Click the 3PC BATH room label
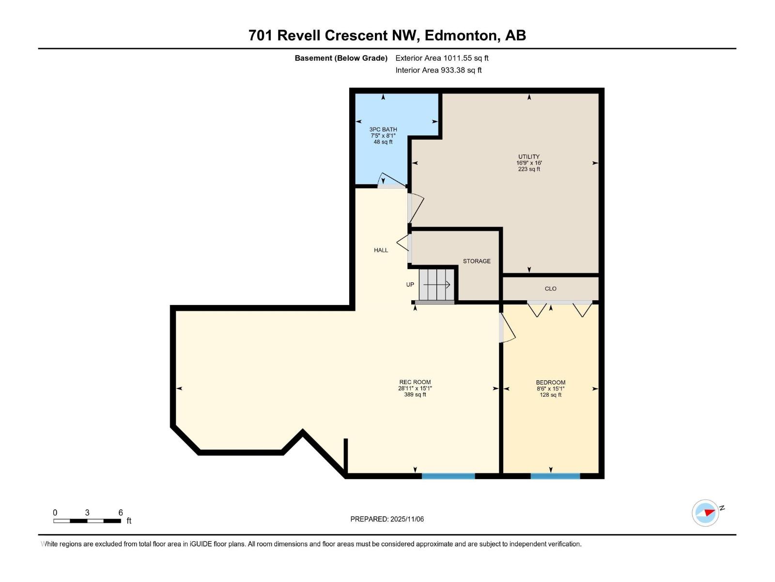(x=383, y=129)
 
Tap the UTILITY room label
(x=528, y=157)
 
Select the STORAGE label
(x=477, y=261)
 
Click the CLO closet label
(x=550, y=289)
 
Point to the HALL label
(x=381, y=250)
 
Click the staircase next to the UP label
(x=437, y=285)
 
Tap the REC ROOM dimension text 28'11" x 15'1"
(x=415, y=388)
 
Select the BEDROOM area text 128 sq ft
(x=551, y=395)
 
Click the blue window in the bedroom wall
(x=555, y=476)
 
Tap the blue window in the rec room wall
(x=448, y=476)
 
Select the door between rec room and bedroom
(x=506, y=328)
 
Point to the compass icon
(x=705, y=513)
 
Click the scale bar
(x=87, y=521)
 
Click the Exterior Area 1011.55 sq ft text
(x=442, y=58)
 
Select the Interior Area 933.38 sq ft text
(x=438, y=70)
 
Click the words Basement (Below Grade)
(x=341, y=58)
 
